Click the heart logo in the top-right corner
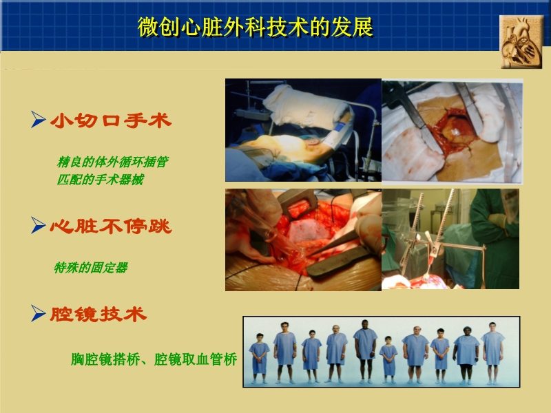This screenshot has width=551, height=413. point(521,41)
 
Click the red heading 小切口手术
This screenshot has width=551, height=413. point(111,122)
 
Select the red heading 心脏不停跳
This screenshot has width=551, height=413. point(111,225)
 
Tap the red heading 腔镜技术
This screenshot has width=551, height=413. point(98,315)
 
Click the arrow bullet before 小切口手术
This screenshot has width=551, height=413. point(39,122)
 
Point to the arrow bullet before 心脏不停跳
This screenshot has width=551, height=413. point(39,225)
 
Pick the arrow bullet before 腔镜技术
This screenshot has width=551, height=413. point(39,315)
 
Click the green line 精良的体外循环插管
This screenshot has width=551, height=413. point(112,162)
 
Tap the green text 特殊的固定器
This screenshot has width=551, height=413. point(90,268)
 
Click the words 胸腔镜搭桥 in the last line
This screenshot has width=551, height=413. point(102,359)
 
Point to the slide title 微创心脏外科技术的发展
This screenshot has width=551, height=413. point(256,28)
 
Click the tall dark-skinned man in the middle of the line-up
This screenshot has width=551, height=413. point(365,348)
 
